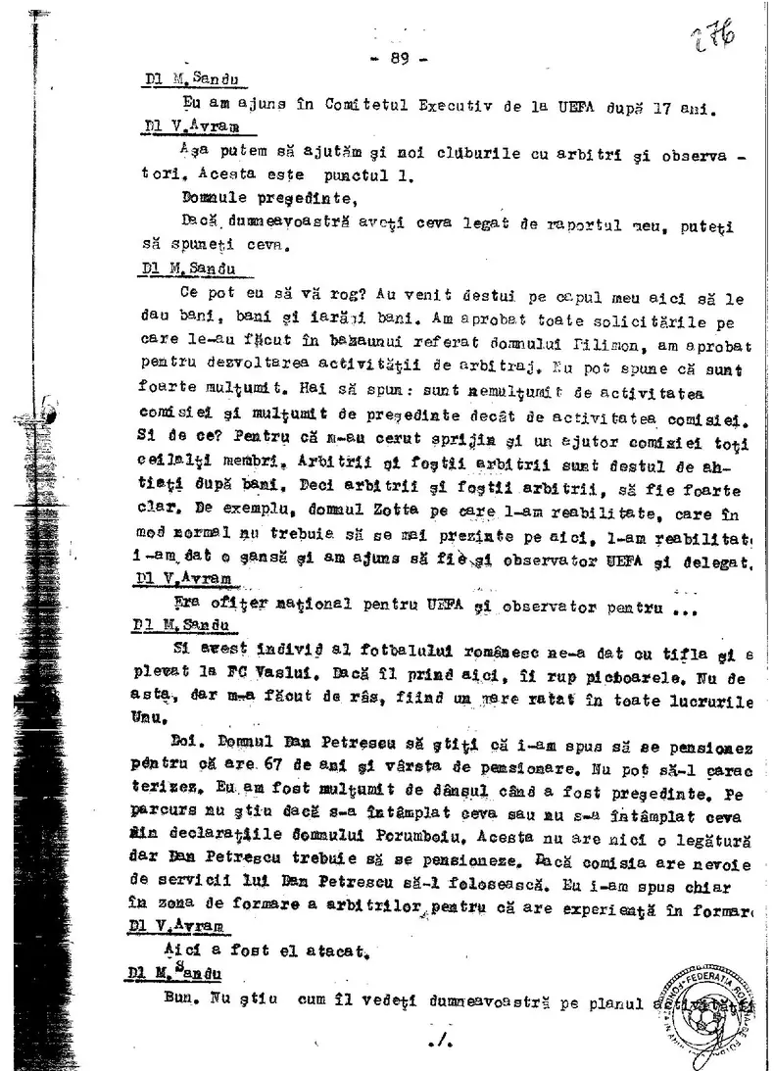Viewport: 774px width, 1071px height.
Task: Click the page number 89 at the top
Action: (398, 58)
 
